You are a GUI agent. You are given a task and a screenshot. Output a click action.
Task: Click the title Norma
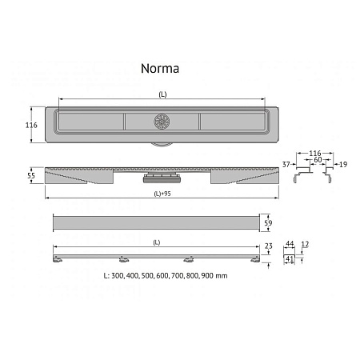[x=162, y=69]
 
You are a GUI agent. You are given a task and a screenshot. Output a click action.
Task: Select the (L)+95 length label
[x=162, y=196]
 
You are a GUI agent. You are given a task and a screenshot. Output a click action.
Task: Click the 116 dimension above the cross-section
[x=315, y=152]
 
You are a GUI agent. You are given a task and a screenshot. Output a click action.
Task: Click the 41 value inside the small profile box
[x=290, y=260]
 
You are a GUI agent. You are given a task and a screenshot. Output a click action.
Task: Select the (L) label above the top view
[x=162, y=94]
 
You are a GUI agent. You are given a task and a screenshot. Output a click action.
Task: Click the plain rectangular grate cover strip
[x=156, y=222]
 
